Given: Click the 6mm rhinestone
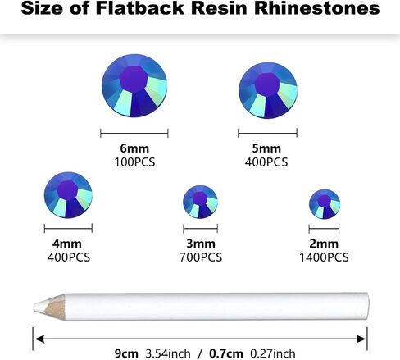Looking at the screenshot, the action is [x=134, y=85].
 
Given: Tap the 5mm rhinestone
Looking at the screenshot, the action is [x=268, y=90].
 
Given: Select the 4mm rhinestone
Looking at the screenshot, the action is [x=68, y=195].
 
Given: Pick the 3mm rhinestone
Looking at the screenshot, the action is [x=200, y=202].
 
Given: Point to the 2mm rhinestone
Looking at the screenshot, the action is [x=325, y=204].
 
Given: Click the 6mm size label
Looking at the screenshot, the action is [x=134, y=148].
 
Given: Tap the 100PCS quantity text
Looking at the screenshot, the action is [x=134, y=162].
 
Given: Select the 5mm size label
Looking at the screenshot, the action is [x=266, y=148].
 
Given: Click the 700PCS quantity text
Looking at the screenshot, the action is [x=201, y=257].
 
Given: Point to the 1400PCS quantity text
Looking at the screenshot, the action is [x=324, y=257].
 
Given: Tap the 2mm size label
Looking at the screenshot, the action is [x=324, y=244].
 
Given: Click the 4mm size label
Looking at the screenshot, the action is [x=67, y=244].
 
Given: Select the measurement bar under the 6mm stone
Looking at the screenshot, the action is [x=134, y=134].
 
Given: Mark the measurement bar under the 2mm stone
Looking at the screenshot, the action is [x=324, y=229].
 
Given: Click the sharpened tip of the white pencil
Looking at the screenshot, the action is [x=34, y=307].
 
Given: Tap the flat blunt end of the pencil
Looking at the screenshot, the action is [x=367, y=306].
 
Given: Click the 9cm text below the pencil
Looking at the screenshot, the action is [x=126, y=353].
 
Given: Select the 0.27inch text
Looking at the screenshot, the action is [x=273, y=353].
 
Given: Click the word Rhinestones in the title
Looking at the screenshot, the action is [x=317, y=8].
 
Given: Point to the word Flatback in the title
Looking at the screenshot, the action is [x=140, y=8].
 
